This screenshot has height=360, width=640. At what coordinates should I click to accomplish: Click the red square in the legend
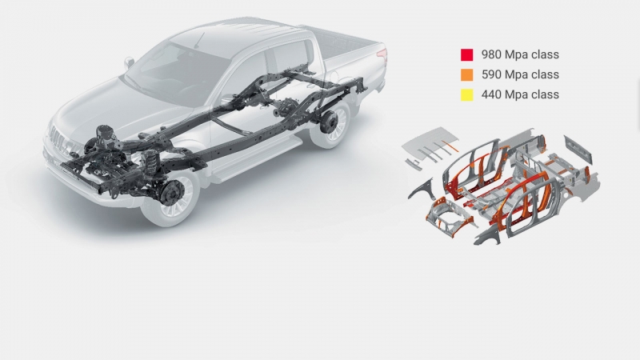coord(467,54)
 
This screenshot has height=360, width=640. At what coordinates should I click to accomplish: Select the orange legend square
coord(467,74)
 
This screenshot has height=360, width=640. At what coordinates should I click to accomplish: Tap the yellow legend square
coord(467,94)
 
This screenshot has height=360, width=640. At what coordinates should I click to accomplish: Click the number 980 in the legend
coord(491,54)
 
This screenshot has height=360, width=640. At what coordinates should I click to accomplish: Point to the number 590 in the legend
coord(491,74)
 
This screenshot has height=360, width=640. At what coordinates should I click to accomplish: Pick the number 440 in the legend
coord(491,94)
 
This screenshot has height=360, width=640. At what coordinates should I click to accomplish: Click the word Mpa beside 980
coord(517,55)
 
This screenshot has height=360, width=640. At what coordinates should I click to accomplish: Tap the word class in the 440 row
coord(546,94)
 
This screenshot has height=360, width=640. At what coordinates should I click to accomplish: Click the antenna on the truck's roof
coord(198,41)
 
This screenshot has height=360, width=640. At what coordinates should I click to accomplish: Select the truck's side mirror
coord(129,62)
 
